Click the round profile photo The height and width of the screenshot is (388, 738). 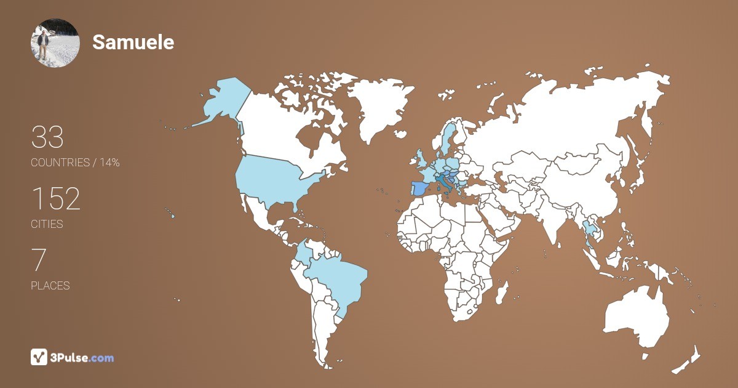click(55, 42)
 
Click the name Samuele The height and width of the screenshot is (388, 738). click(133, 42)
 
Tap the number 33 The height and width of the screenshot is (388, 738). click(47, 137)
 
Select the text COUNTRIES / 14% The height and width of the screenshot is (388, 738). click(75, 163)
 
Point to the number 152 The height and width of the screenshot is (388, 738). click(56, 199)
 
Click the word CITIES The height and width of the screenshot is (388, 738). click(47, 224)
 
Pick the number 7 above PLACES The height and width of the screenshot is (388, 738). click(38, 261)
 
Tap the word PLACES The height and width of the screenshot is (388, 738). click(50, 286)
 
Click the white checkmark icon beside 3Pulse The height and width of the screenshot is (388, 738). click(39, 357)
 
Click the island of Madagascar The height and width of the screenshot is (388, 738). click(502, 291)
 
